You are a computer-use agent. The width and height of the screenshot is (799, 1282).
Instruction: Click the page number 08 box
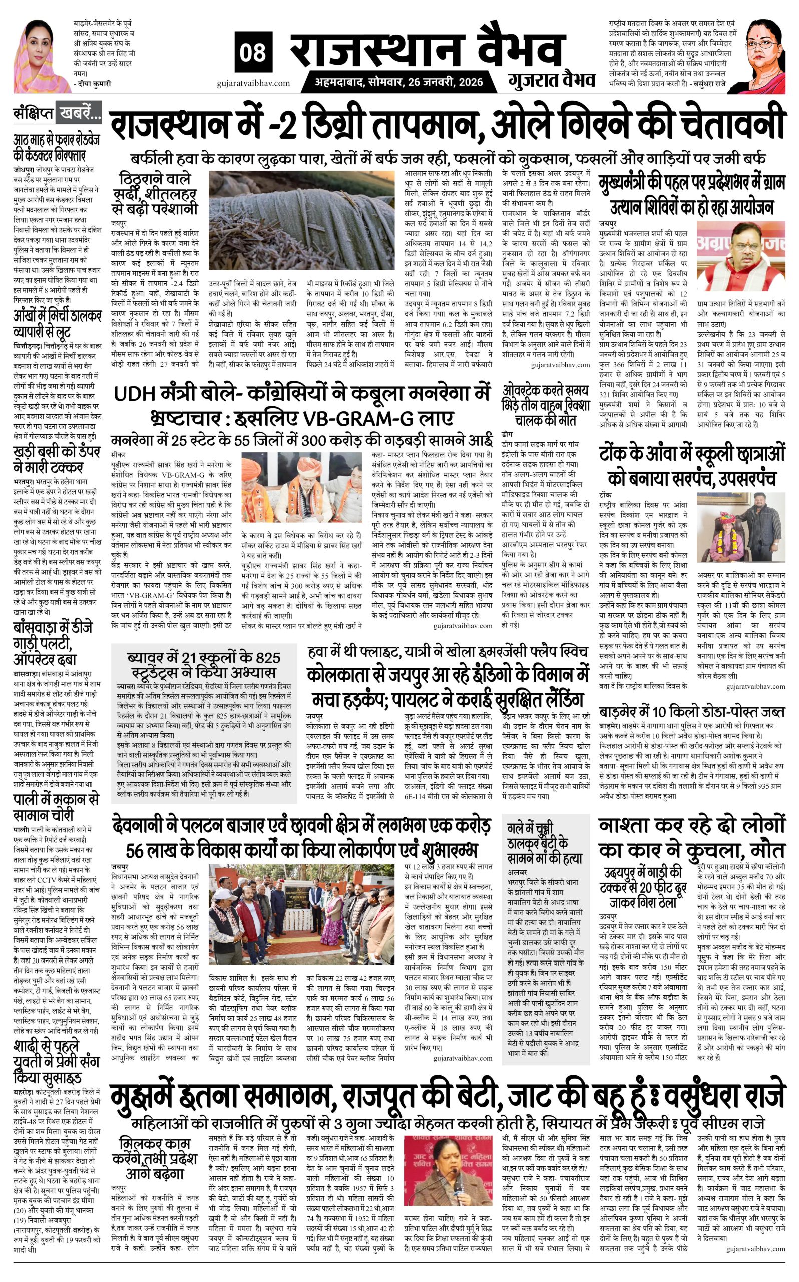(x=253, y=52)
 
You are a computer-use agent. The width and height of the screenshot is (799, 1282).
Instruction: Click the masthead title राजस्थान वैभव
(x=426, y=50)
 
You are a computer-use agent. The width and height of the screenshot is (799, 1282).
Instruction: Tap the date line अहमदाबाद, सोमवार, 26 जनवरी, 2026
(x=399, y=82)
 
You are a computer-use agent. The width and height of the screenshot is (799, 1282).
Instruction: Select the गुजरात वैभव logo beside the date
(x=552, y=80)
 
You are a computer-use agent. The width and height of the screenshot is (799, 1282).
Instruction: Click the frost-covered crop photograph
(x=302, y=220)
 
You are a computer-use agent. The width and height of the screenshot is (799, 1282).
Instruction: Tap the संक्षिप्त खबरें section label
(x=58, y=113)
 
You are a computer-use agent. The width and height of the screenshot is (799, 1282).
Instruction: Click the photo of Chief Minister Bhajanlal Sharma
(x=741, y=256)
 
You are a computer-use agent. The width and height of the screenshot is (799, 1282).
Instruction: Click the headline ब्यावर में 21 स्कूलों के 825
(x=204, y=664)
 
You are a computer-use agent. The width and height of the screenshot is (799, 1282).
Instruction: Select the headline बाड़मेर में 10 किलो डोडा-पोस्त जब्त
(x=692, y=712)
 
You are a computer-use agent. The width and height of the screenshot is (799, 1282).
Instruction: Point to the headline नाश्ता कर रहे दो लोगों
(x=692, y=837)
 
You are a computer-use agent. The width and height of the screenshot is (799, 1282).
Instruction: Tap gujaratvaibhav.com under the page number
(x=253, y=83)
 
